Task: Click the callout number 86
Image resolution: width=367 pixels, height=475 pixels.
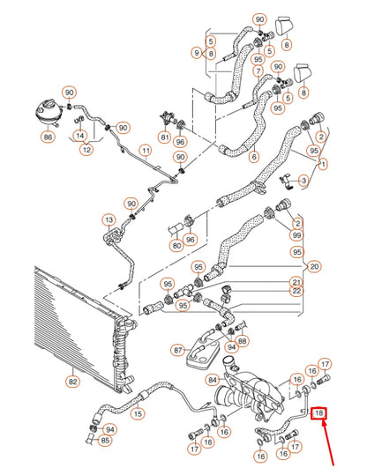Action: (x=48, y=137)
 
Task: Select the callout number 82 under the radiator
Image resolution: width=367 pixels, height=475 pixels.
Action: (x=72, y=381)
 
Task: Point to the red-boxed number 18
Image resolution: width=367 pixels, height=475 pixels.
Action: (x=319, y=412)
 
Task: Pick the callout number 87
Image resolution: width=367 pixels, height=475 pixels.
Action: (x=179, y=350)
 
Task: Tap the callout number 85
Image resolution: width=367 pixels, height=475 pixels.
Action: (x=106, y=441)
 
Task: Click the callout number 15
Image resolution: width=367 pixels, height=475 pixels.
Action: (x=137, y=413)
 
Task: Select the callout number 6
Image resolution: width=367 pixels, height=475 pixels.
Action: (x=254, y=158)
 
